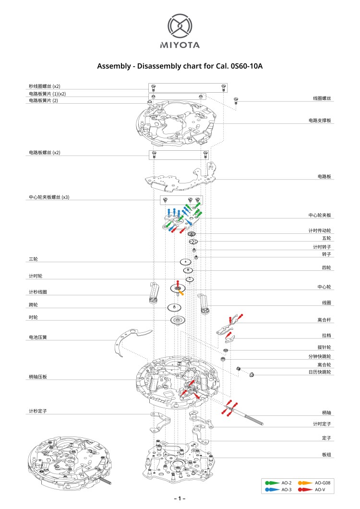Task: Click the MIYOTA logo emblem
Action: [x=180, y=26]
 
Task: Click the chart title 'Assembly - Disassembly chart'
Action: [x=180, y=66]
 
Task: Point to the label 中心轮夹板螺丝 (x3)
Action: [x=49, y=197]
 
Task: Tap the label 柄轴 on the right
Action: [x=326, y=412]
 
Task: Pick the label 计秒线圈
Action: [x=38, y=292]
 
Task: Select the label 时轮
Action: [x=33, y=318]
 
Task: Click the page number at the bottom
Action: [x=180, y=499]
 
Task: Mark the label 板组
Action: [x=326, y=454]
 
